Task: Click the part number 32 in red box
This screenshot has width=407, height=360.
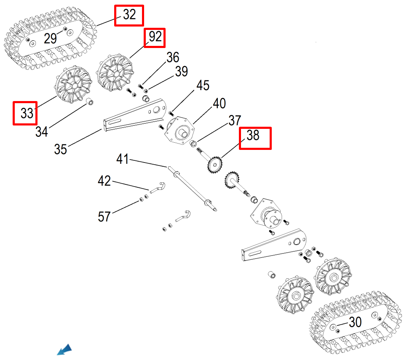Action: click(129, 15)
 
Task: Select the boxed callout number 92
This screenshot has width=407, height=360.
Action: click(155, 37)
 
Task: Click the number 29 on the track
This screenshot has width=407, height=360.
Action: click(50, 39)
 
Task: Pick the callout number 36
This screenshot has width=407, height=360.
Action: click(173, 58)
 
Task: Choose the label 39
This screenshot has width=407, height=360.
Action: click(181, 72)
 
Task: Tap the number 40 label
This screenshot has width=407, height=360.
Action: click(219, 104)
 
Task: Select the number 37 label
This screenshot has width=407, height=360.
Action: click(235, 120)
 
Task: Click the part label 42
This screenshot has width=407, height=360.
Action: click(104, 181)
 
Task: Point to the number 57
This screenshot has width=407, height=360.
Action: click(104, 217)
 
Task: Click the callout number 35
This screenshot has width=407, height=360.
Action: click(61, 149)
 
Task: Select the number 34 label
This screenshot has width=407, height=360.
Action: click(41, 132)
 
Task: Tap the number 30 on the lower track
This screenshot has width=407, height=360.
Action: click(355, 323)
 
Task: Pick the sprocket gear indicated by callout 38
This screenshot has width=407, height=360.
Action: click(215, 164)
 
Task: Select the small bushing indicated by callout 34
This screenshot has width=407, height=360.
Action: click(90, 102)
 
